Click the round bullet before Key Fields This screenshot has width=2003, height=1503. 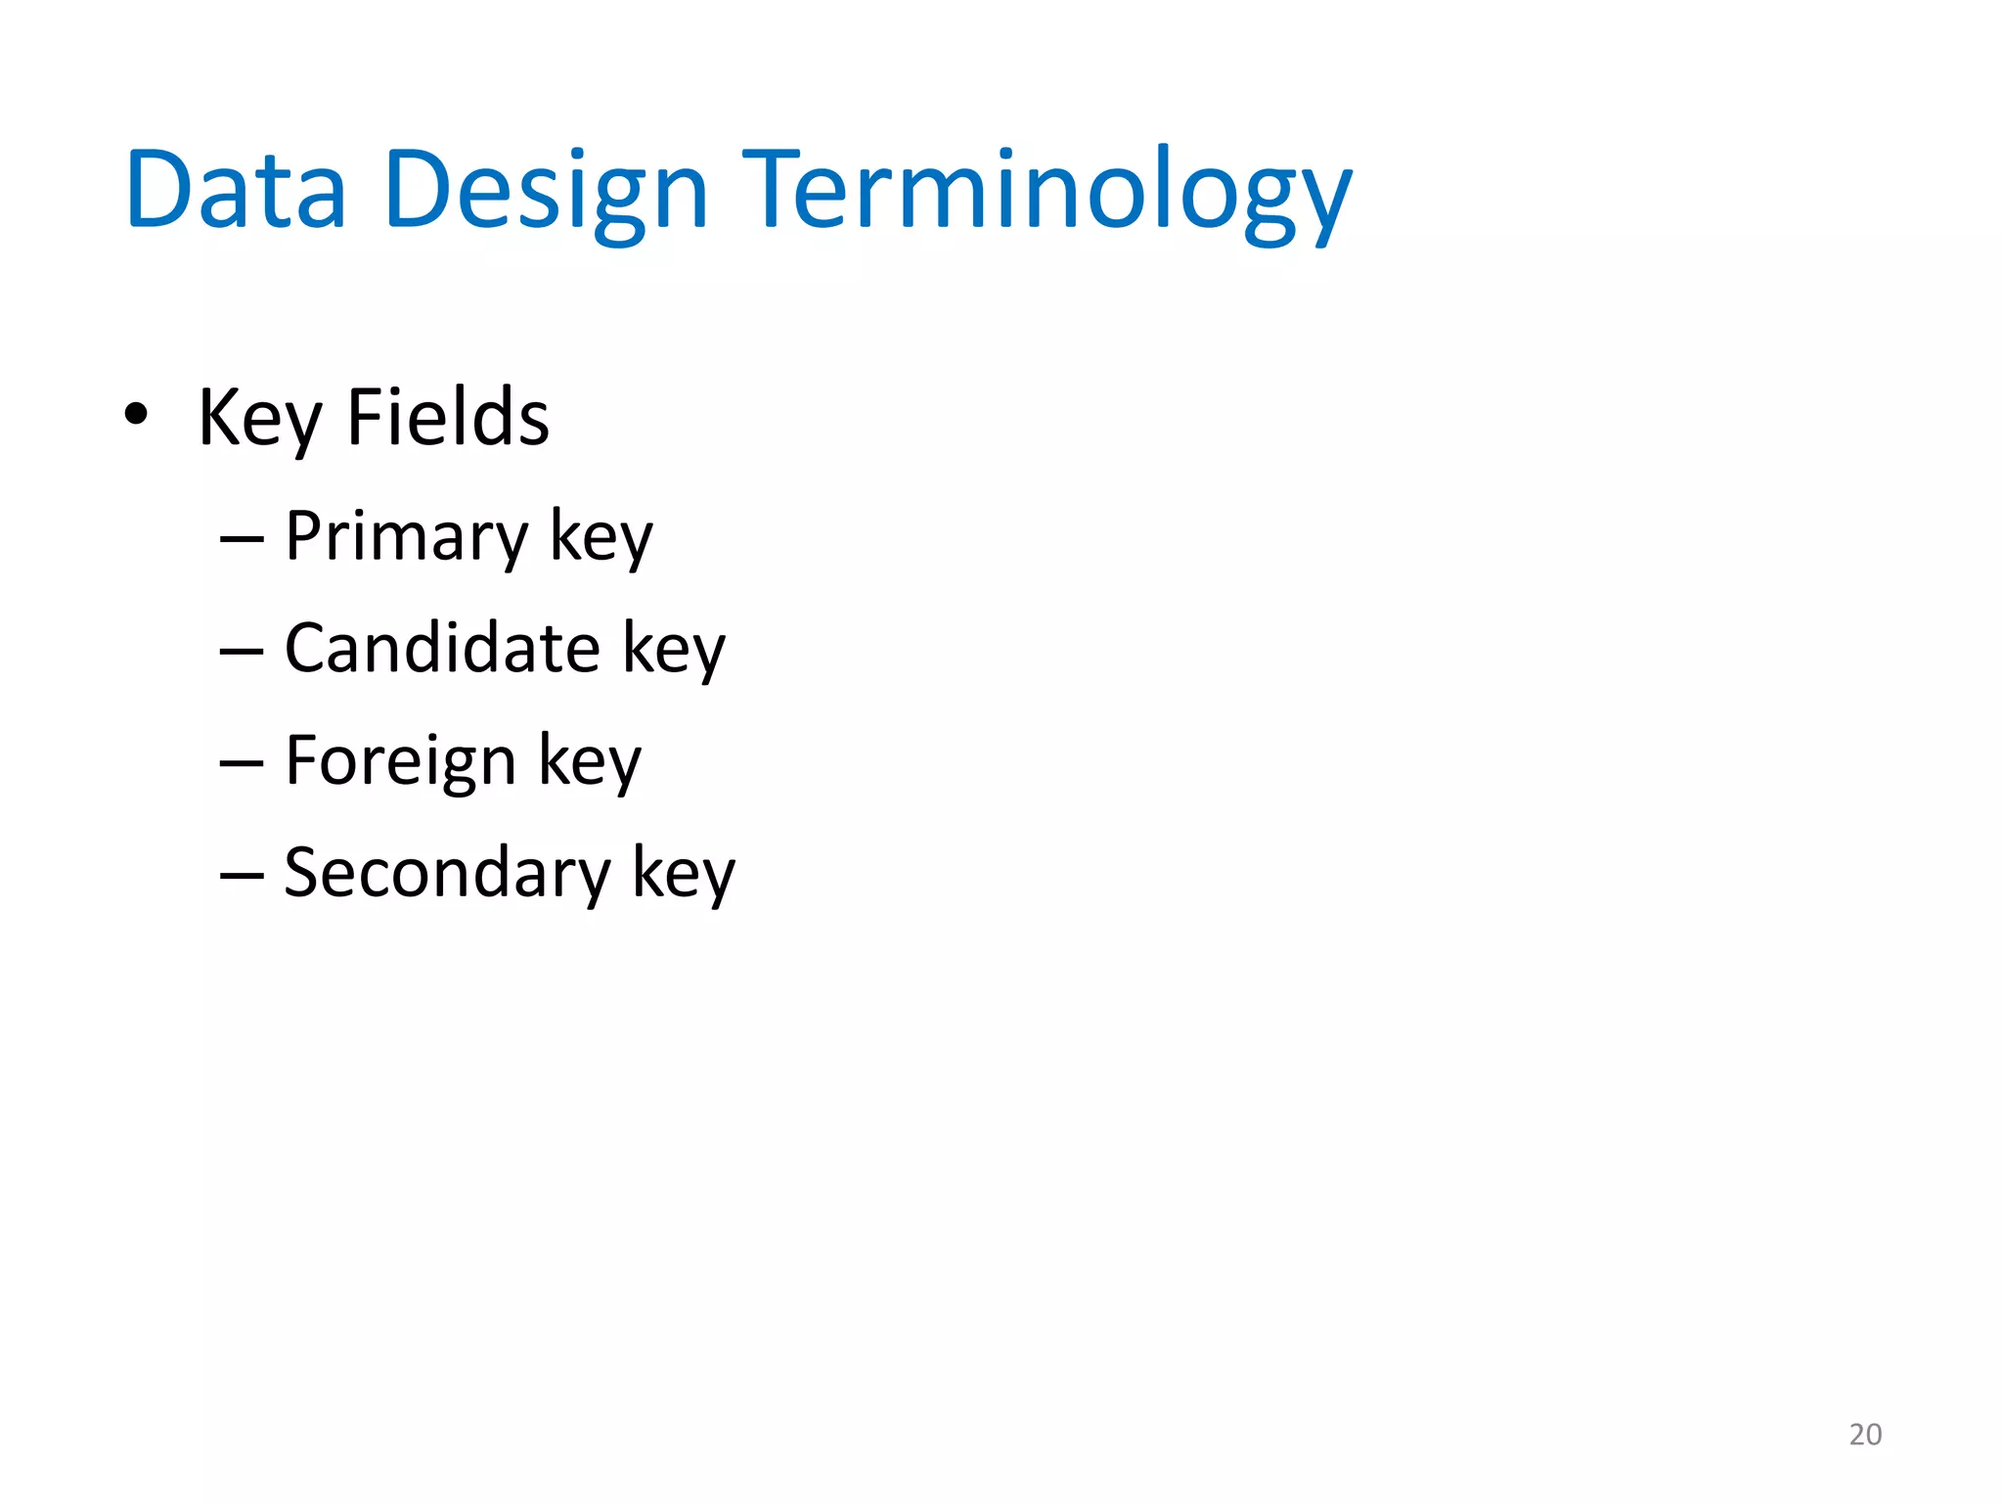tap(136, 414)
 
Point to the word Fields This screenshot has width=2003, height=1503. tap(448, 418)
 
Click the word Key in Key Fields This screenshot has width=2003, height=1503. tap(259, 420)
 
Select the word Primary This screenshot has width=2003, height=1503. tap(406, 537)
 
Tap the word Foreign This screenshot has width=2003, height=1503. tap(400, 761)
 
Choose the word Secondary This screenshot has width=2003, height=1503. tap(447, 873)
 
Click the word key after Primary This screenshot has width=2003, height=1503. tap(601, 537)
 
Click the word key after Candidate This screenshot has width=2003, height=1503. tap(674, 650)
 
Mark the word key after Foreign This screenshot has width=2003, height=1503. tap(590, 762)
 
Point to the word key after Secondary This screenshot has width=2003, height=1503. tap(684, 874)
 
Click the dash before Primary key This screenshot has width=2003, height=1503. tap(242, 540)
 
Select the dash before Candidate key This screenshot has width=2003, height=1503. tap(242, 652)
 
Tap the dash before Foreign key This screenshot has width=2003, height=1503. tap(242, 764)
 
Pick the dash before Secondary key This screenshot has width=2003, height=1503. tap(242, 876)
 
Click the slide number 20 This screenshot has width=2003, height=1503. tap(1865, 1435)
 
